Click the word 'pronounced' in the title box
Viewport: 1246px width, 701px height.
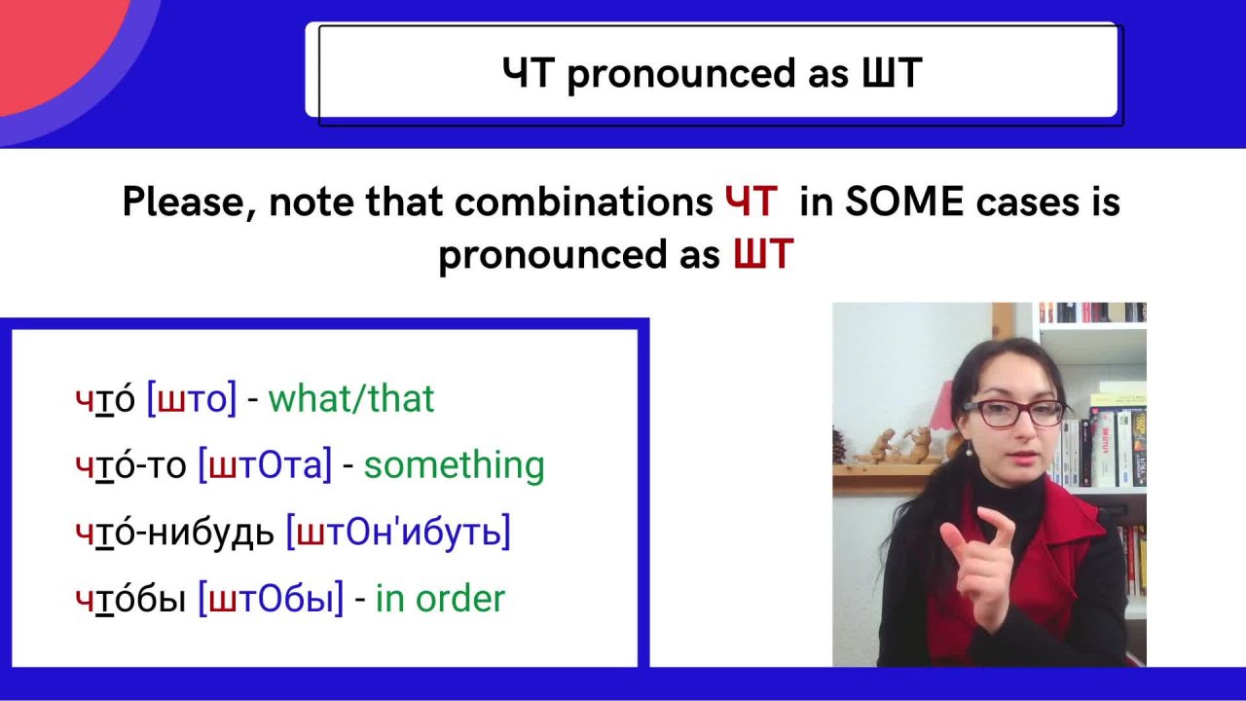[680, 75]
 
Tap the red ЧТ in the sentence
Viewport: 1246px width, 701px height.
[751, 201]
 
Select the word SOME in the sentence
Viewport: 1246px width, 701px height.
[904, 201]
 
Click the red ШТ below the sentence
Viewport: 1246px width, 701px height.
[763, 254]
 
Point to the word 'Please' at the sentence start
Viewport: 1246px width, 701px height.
[185, 202]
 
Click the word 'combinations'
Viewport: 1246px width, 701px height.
[583, 201]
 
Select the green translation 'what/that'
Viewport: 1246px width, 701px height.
[351, 398]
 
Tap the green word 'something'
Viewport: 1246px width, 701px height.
[454, 466]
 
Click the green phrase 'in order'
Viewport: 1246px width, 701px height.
[440, 599]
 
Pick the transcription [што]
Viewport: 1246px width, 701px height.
[192, 399]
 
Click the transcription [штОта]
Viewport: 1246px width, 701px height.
[265, 465]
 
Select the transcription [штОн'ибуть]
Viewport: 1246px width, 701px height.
[398, 532]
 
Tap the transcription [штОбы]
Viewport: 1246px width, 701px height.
[271, 599]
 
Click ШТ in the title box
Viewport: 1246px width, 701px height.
[892, 73]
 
